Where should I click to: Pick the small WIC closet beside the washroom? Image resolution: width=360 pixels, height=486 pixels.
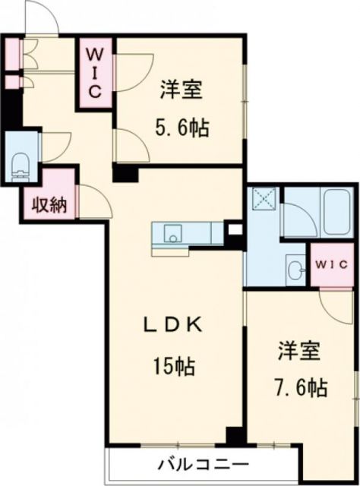pyautogui.click(x=332, y=265)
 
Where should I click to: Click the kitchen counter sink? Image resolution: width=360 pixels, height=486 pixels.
pyautogui.click(x=172, y=233)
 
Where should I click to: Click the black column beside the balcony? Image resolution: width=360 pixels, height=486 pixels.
pyautogui.click(x=235, y=437)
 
